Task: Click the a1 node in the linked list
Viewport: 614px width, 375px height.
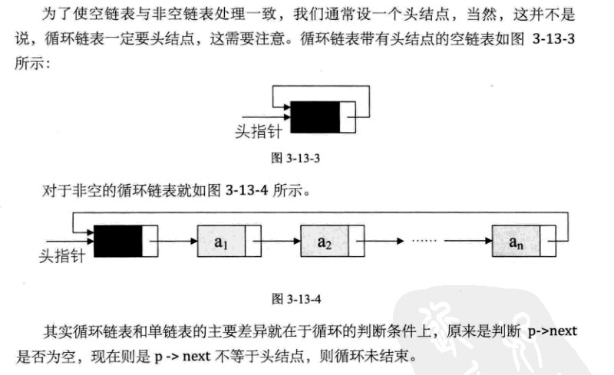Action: tap(229, 241)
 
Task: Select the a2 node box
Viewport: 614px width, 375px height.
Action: tap(332, 241)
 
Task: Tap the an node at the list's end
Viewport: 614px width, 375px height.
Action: tap(524, 241)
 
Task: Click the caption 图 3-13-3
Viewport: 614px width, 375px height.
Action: tap(295, 158)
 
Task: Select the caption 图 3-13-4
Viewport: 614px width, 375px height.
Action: tap(296, 299)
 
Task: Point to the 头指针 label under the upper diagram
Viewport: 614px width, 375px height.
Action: tap(258, 132)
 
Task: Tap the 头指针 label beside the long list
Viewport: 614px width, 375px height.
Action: tap(62, 256)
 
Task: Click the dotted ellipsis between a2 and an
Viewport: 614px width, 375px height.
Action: tap(424, 240)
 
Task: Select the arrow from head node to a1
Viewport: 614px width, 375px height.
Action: tap(173, 241)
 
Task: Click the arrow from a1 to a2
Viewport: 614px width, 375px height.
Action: tap(277, 241)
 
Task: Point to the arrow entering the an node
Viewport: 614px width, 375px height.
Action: tap(468, 241)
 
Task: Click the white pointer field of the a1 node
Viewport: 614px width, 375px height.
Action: tap(253, 241)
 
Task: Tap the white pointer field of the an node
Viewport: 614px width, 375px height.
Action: tap(548, 241)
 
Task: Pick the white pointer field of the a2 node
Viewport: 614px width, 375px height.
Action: tap(357, 241)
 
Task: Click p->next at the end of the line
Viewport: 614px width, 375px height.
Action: tap(553, 331)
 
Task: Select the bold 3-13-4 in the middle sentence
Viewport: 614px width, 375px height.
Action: tap(246, 191)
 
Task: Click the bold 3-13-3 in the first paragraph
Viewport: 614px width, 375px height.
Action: tap(553, 39)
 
